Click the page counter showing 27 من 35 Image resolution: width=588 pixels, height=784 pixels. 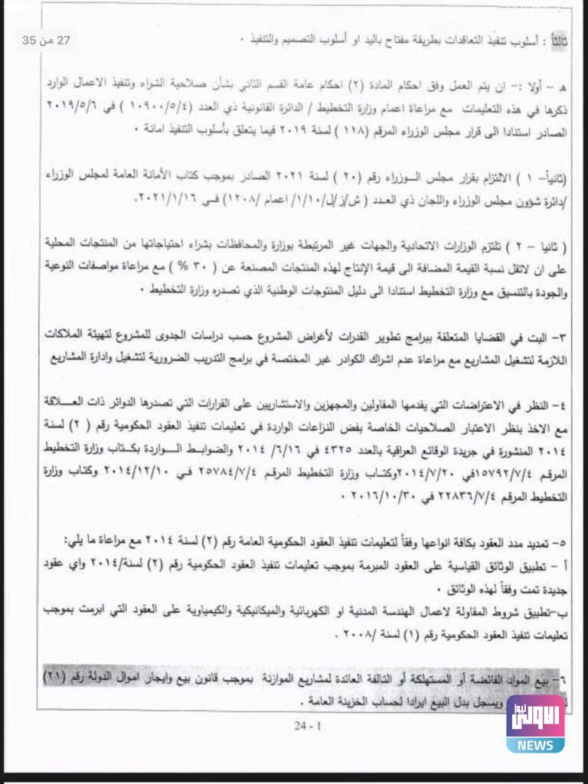[x=47, y=41]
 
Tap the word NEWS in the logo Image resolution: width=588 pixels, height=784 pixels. [x=535, y=745]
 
